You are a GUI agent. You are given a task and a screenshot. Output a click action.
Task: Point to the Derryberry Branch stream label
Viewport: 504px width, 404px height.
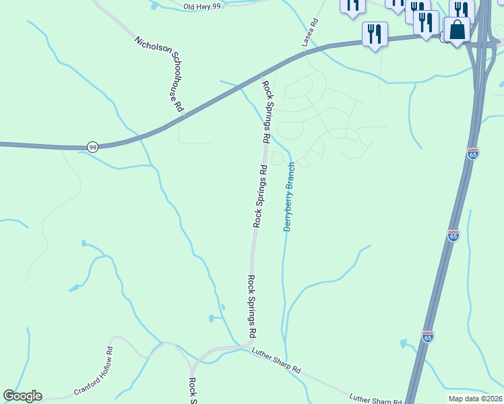289,197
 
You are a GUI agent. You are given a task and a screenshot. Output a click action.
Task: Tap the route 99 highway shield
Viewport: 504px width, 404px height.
92,146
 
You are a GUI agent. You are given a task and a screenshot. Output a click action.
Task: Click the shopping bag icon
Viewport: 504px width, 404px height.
458,30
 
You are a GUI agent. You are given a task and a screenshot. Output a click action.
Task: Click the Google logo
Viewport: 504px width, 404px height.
22,396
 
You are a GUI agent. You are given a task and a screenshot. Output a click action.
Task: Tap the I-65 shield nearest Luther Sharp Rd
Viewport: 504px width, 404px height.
428,336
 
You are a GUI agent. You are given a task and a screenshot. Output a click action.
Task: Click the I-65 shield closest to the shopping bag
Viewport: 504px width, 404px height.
473,154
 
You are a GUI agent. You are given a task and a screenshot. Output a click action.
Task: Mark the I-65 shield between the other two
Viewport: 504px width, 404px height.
453,236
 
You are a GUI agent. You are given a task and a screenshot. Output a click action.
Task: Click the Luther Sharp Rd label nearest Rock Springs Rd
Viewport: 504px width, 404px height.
276,362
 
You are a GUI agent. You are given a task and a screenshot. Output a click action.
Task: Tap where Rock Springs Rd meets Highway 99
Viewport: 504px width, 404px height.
259,75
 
